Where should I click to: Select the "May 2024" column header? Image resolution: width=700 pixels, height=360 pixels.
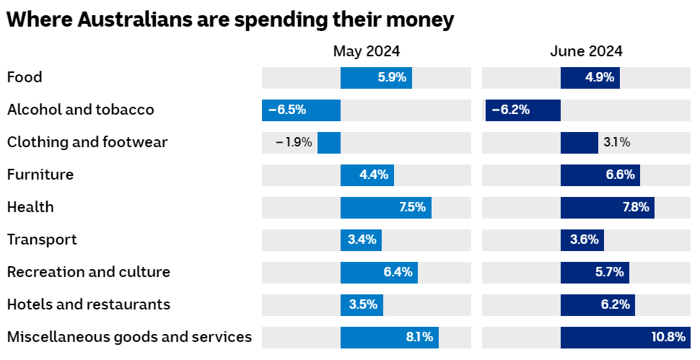(366, 51)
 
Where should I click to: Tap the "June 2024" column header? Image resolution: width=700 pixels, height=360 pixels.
(586, 51)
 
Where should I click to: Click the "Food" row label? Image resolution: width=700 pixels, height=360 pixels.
(25, 77)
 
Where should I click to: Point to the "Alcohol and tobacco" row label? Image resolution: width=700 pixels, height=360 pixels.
(80, 110)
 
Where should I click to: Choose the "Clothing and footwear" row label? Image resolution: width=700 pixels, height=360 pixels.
(87, 142)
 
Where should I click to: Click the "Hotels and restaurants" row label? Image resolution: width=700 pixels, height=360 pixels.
(89, 304)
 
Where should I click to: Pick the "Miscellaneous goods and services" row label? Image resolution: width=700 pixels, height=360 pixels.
(129, 337)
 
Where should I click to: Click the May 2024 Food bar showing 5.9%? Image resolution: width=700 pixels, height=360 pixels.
(376, 78)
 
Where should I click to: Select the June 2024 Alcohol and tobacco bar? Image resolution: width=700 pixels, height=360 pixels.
(522, 110)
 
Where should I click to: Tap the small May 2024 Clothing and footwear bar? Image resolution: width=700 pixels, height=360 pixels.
(329, 143)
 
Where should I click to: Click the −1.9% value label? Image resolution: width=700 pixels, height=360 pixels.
(294, 143)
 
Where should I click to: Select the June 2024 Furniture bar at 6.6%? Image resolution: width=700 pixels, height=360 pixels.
(600, 175)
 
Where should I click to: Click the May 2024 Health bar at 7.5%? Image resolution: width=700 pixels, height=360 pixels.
(385, 208)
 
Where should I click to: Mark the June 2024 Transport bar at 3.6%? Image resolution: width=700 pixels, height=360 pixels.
(582, 240)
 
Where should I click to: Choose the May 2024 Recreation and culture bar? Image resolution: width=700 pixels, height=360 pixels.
(379, 273)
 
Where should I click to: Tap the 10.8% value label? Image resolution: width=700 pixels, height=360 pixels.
(668, 338)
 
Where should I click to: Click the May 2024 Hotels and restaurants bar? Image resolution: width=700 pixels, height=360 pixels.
(362, 305)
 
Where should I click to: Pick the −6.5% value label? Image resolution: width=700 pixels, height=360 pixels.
(287, 110)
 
